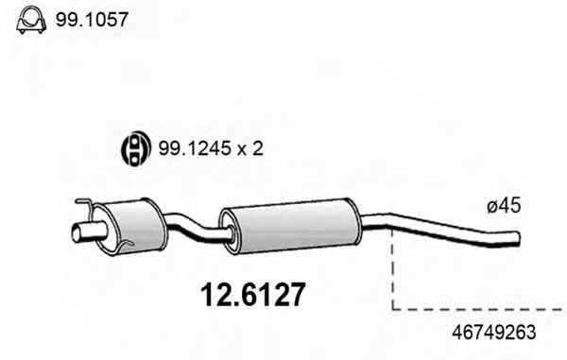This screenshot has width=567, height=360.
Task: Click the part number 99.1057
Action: click(92, 20)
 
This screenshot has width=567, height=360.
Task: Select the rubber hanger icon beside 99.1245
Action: click(135, 148)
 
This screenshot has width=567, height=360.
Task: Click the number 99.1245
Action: click(195, 148)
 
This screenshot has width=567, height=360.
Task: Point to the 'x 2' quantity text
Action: click(250, 148)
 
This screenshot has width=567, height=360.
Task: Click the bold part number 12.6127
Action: click(253, 295)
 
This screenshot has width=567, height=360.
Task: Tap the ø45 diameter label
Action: click(504, 206)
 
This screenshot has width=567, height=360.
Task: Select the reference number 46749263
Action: click(494, 333)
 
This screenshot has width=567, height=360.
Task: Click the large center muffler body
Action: click(291, 226)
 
